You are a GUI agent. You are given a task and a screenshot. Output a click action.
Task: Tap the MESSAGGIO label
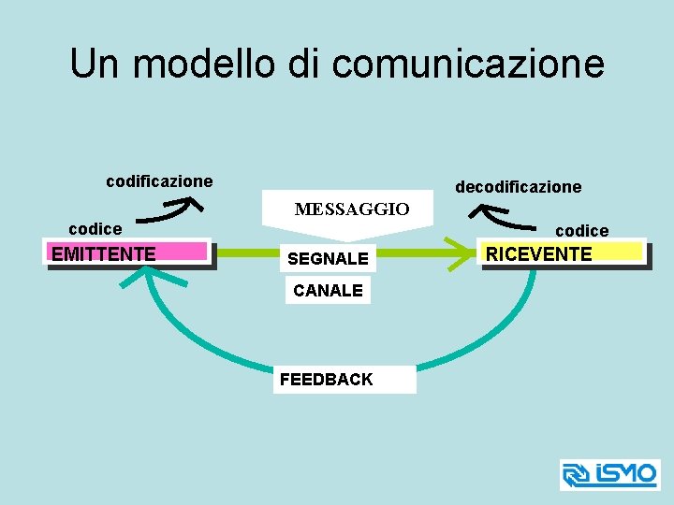tap(352, 209)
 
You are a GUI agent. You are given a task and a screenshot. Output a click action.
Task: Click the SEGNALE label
tap(328, 257)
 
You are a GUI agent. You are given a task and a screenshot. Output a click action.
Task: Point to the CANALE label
tap(328, 291)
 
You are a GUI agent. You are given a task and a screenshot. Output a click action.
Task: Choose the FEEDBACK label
tap(326, 379)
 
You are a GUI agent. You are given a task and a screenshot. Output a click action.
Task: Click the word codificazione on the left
tap(159, 180)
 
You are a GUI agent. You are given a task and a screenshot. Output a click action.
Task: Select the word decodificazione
tap(518, 187)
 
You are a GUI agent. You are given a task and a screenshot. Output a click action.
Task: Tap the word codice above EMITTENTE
tap(95, 229)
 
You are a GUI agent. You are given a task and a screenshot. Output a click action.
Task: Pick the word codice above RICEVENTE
tap(581, 230)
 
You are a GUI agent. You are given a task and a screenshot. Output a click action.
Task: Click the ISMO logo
tap(609, 474)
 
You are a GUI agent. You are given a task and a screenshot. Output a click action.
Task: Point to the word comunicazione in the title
tap(468, 64)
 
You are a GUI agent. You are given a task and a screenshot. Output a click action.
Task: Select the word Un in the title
tap(95, 64)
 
